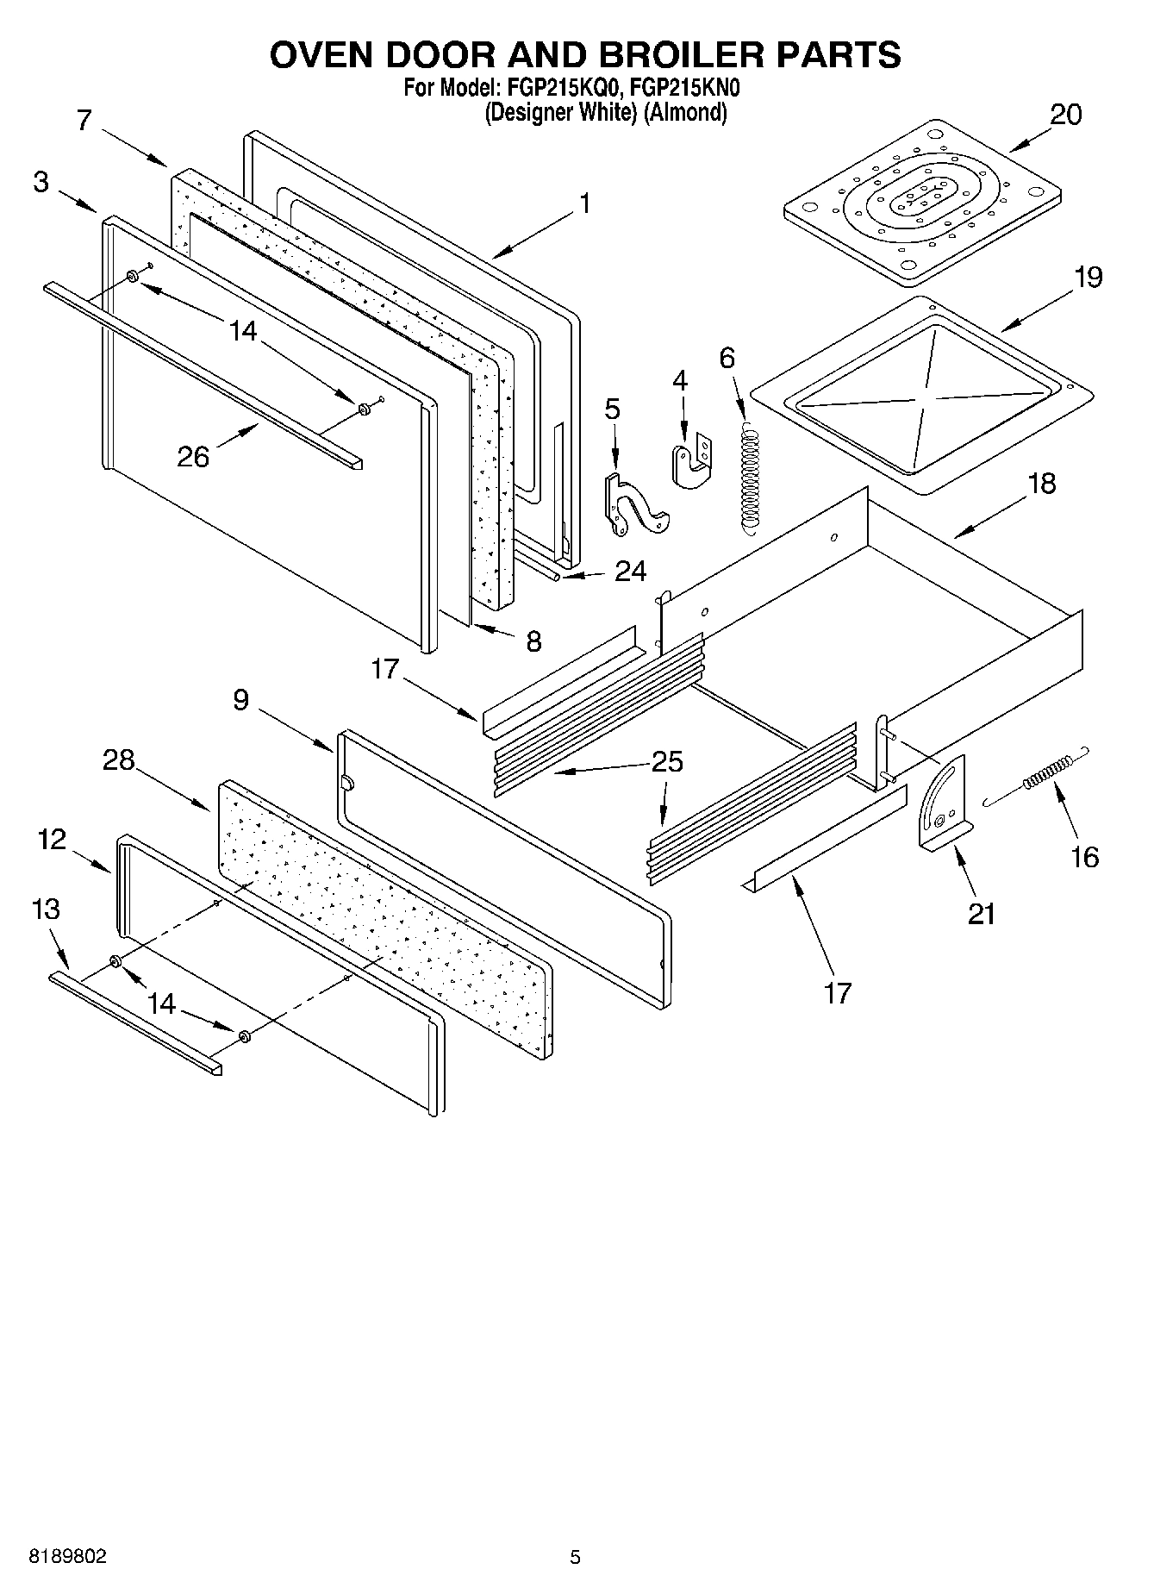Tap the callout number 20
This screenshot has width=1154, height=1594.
pos(1065,115)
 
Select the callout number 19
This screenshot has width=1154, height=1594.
pos(1088,278)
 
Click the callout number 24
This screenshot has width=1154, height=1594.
pos(631,572)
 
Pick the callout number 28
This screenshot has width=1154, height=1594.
pos(119,760)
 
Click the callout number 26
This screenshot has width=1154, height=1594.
pos(193,456)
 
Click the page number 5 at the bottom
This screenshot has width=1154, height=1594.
pos(575,1557)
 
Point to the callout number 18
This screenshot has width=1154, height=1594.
pos(1041,484)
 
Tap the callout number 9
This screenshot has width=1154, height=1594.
pos(240,699)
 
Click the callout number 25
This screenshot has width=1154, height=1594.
pos(667,762)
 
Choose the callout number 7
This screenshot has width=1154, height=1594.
pos(83,120)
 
